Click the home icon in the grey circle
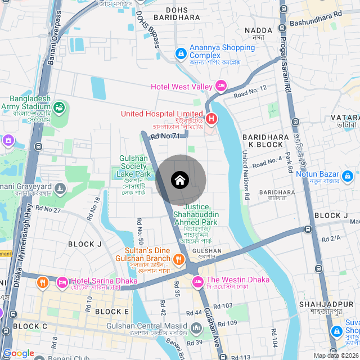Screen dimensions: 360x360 [179, 180]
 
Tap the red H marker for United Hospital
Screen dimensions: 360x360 [211, 119]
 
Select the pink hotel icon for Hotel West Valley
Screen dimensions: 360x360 [221, 86]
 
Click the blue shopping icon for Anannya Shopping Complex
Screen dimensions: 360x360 [181, 53]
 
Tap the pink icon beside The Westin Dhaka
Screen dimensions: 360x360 [197, 281]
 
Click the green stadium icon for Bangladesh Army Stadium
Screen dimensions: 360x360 [58, 106]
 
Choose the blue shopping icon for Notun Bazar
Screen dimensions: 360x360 [348, 178]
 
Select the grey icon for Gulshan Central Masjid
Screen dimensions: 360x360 [196, 327]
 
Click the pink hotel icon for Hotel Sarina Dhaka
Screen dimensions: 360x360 [62, 281]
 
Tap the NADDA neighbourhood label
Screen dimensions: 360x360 [259, 30]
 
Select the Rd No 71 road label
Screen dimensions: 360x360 [165, 136]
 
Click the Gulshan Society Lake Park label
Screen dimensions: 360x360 [133, 166]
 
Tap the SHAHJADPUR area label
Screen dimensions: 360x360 [318, 304]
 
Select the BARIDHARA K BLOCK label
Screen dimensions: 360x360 [265, 141]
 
